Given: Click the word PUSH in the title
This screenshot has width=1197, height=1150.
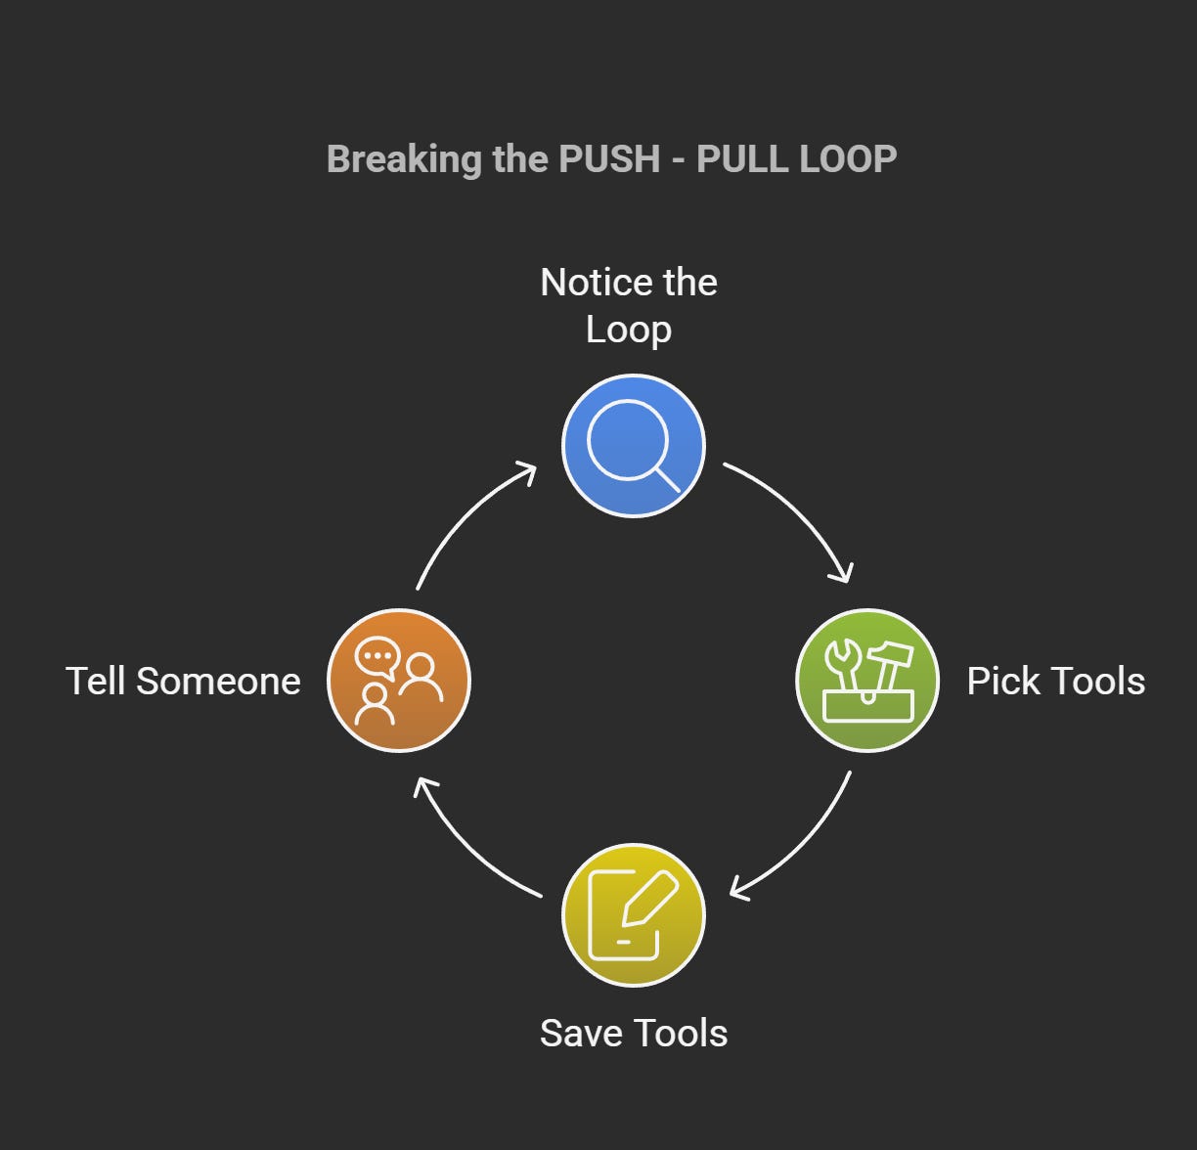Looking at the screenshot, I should coord(609,159).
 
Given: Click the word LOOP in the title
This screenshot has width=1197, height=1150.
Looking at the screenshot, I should coord(847,159).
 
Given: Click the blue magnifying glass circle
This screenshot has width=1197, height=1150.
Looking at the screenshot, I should coord(633,446).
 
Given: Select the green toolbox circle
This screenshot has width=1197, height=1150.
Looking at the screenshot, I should coord(867,681).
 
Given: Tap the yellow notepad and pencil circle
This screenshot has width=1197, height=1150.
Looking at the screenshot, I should coord(633,915).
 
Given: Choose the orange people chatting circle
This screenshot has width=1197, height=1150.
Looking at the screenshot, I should coord(398,681).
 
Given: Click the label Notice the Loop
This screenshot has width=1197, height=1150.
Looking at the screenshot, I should coord(629,305).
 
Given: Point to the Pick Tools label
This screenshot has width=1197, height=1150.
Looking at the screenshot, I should coord(1055,682).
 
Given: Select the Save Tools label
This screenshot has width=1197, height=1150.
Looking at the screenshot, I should coord(634,1034).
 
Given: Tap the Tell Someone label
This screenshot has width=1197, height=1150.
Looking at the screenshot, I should coord(183,682).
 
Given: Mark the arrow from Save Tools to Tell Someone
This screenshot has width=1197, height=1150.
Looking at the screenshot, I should coord(465,845).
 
